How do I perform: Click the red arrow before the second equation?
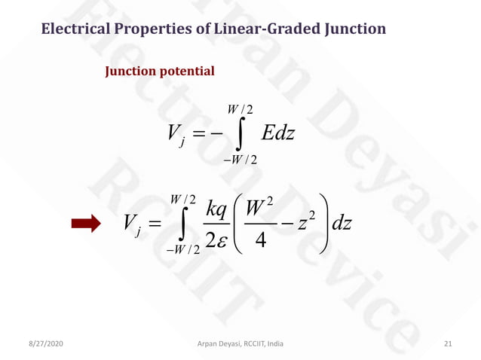click(x=85, y=224)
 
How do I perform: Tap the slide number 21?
click(x=448, y=343)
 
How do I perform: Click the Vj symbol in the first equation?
click(x=175, y=135)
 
